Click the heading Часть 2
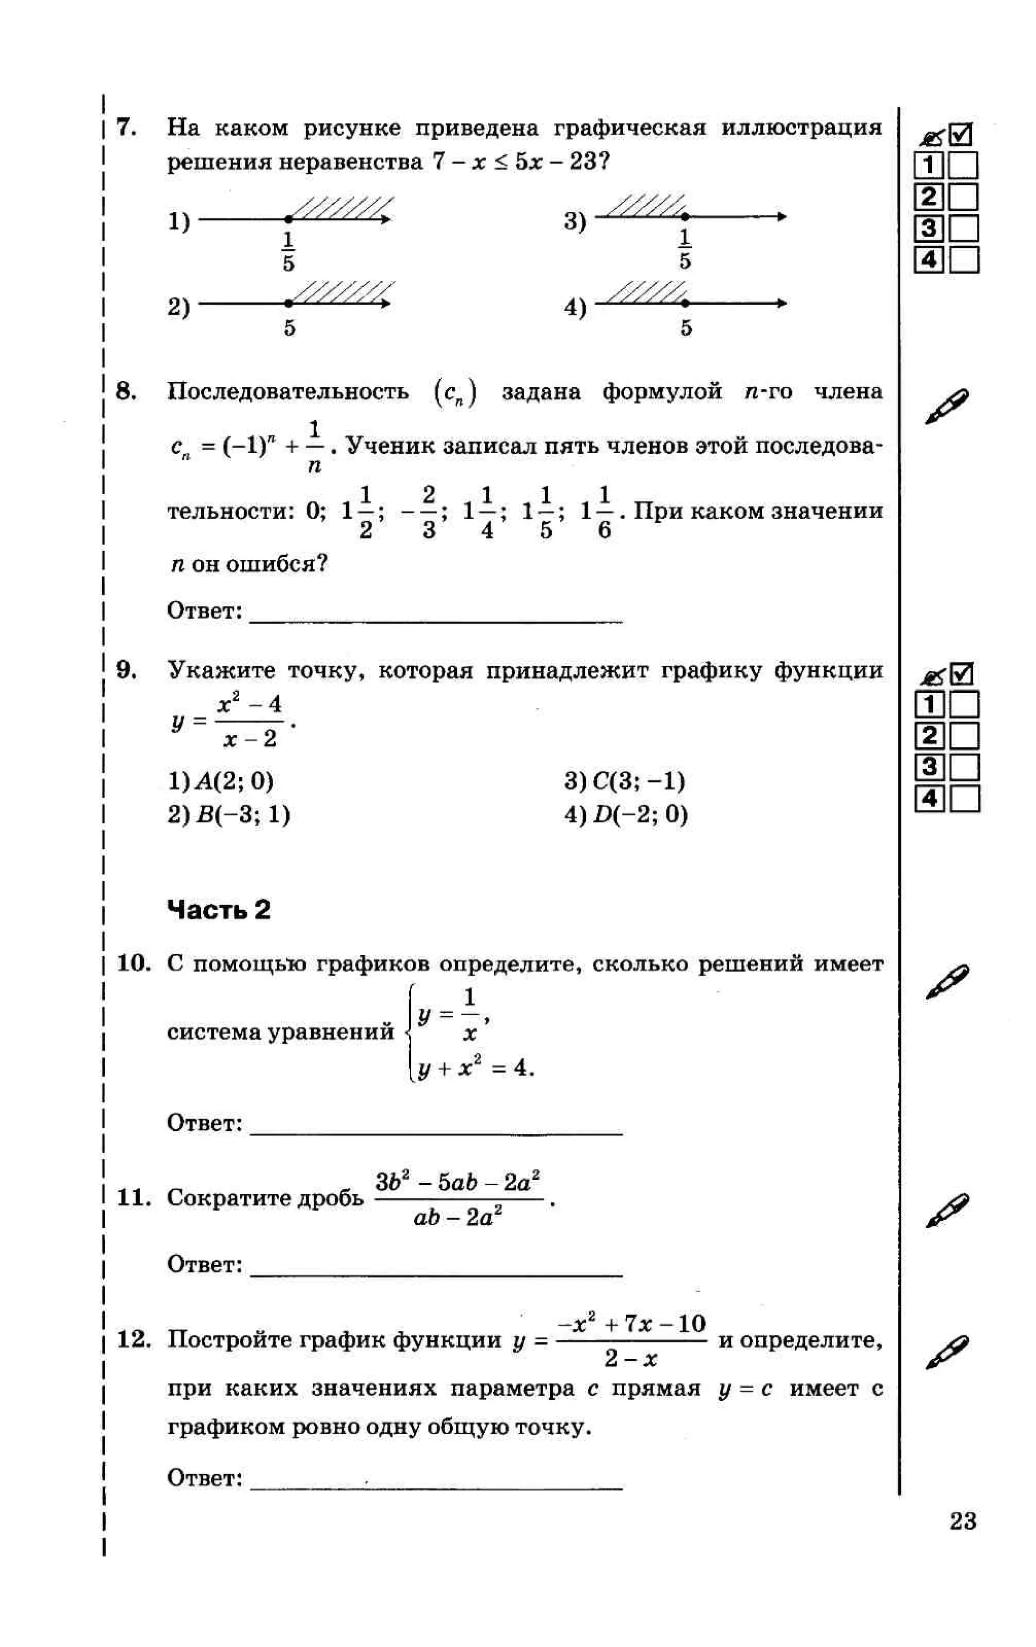(219, 910)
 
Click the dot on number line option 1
(289, 219)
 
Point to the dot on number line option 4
(685, 303)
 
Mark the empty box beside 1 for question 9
(965, 704)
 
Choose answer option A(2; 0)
(221, 781)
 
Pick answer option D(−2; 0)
(626, 815)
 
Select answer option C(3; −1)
(625, 781)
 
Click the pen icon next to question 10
(946, 982)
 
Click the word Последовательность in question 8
(288, 392)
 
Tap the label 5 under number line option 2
(289, 328)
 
